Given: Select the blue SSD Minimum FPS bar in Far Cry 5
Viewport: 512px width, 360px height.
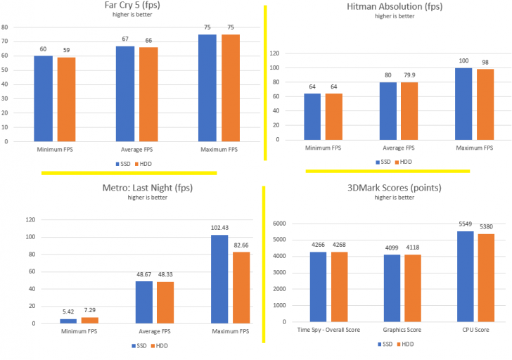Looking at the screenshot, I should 44,98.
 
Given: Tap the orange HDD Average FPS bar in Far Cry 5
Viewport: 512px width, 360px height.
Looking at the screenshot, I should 148,94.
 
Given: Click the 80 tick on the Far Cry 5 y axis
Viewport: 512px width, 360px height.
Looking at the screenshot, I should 5,27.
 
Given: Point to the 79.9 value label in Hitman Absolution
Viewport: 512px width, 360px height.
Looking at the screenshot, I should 408,76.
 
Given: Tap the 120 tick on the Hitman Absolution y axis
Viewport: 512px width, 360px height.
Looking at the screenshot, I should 274,53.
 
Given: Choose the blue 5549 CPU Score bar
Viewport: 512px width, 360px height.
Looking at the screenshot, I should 463,275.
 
